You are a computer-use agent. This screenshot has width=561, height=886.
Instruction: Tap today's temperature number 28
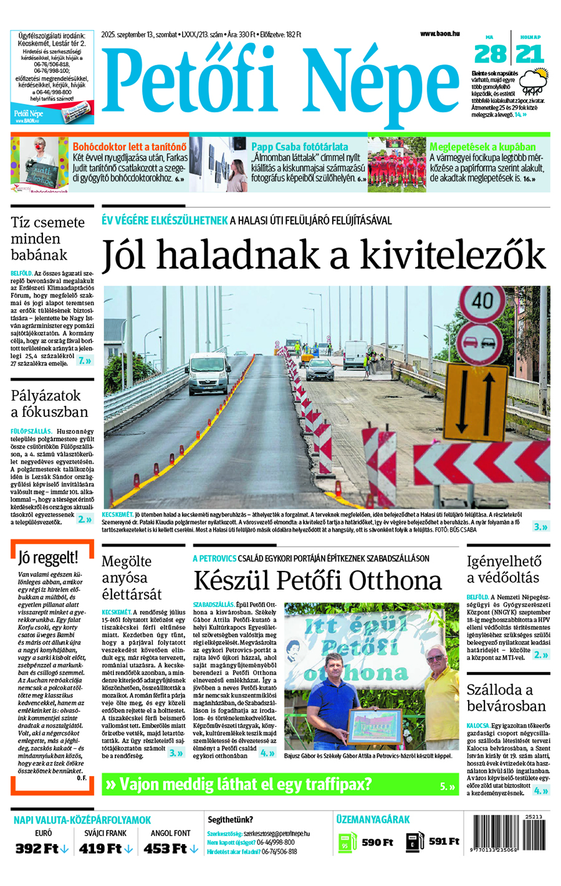coord(490,55)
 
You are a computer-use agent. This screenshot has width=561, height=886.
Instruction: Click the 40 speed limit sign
coord(482,302)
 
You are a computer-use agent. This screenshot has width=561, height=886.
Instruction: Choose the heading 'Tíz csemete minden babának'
coord(47,238)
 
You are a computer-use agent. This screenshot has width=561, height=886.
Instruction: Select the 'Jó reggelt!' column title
coord(48,557)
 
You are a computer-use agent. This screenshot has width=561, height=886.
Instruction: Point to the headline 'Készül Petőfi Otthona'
coord(317,580)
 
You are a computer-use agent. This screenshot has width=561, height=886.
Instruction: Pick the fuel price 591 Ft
coord(444,842)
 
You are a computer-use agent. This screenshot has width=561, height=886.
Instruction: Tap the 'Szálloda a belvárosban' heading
coord(506,698)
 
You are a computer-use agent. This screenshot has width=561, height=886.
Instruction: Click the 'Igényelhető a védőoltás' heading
coord(504,569)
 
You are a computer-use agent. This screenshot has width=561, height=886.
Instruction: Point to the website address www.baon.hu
coord(439,34)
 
